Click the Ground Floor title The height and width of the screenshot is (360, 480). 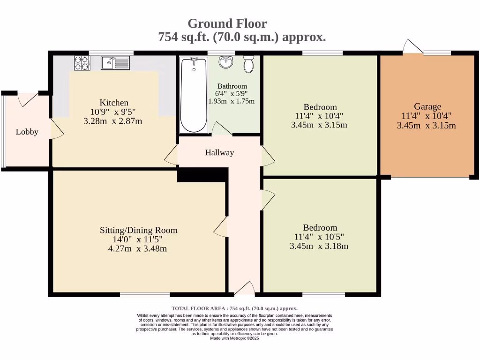227,23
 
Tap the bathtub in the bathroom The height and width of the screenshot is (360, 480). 194,95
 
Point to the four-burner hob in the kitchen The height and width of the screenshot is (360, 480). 82,63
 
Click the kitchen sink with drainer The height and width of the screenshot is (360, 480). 115,62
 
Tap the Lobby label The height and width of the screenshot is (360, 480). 27,132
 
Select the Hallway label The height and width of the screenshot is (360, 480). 219,152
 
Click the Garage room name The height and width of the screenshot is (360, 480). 427,106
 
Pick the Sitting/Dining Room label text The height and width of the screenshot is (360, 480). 138,230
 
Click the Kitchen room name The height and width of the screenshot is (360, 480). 113,103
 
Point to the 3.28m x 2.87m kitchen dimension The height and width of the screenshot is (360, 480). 112,121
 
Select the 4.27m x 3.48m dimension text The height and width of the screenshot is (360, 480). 137,248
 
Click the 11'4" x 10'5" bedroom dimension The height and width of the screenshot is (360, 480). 319,237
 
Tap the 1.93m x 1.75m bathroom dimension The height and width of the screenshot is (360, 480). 231,101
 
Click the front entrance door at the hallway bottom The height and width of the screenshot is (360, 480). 244,289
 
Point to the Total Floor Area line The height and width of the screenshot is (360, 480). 234,308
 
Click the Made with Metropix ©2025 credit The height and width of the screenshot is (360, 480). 234,338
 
